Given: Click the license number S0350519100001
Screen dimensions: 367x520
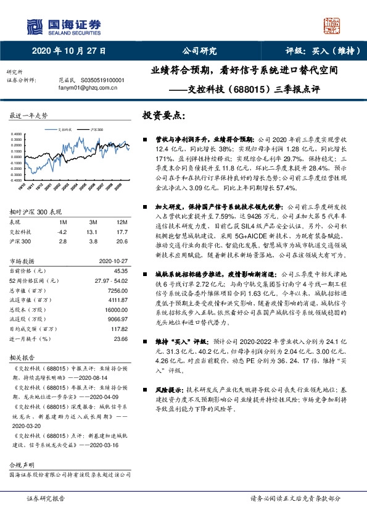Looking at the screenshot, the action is point(96,80).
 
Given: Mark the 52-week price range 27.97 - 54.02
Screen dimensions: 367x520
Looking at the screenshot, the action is point(110,281).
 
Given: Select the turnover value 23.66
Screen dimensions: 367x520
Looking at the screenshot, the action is point(120,339).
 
